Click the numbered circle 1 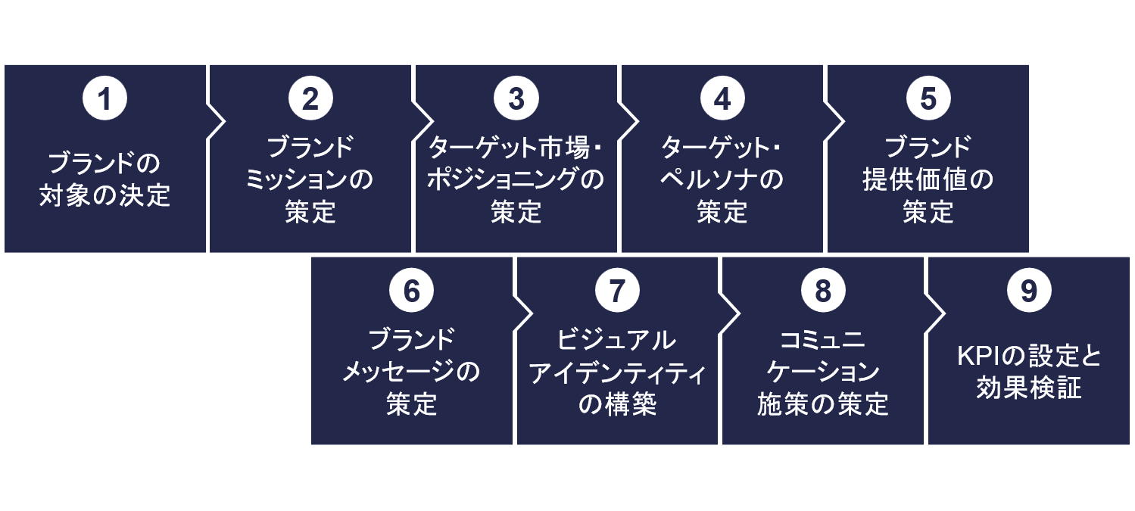pos(105,100)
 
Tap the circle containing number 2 pos(310,100)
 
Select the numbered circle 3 pos(516,100)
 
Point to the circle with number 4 pos(722,100)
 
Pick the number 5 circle pos(928,100)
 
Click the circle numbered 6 pos(412,292)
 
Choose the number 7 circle pos(617,292)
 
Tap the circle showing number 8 pos(823,292)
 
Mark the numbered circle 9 pos(1029,292)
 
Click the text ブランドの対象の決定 pos(105,180)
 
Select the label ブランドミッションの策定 pos(310,180)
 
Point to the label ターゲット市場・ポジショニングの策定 pos(516,180)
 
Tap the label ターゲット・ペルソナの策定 pos(722,180)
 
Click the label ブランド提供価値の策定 pos(928,180)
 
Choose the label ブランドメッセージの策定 pos(412,372)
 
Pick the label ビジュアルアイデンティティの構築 pos(617,372)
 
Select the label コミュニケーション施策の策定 pos(823,372)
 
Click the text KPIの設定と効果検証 pos(1029,372)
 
